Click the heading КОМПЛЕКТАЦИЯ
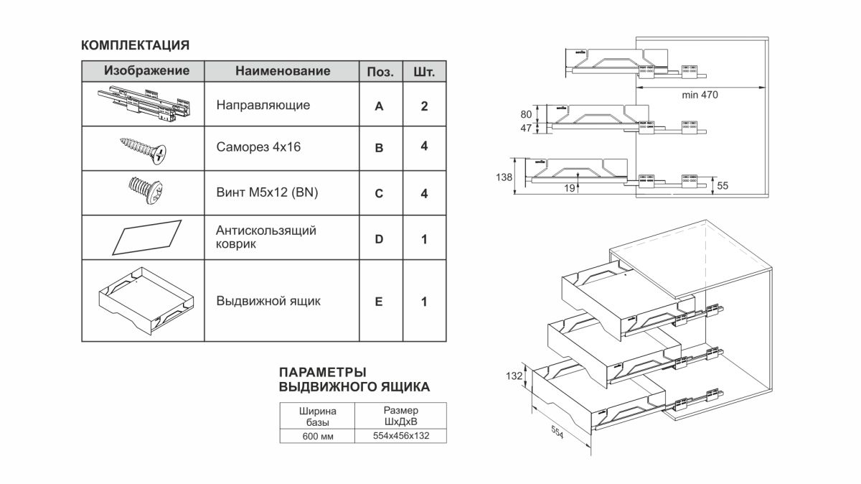tap(136, 45)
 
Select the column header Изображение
tap(146, 71)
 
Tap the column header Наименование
tap(283, 71)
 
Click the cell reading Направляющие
tap(263, 105)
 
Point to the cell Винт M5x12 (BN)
tap(266, 192)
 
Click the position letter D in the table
tap(380, 238)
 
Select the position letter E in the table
tap(380, 302)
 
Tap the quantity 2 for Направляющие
tap(425, 106)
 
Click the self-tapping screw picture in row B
tap(143, 149)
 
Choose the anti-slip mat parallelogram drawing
tap(147, 236)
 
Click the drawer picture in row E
tap(146, 300)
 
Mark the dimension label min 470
tap(700, 95)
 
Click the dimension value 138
tap(505, 176)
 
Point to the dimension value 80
tap(526, 113)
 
